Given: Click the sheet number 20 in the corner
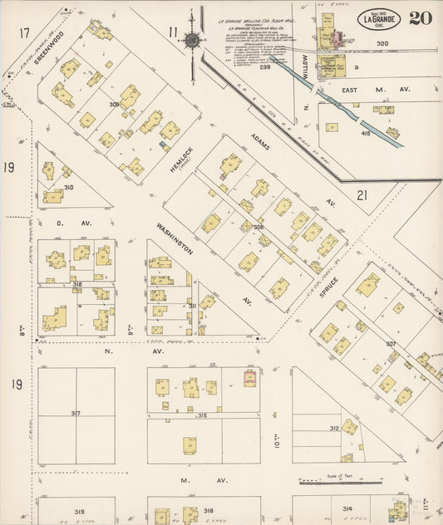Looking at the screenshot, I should (x=420, y=17).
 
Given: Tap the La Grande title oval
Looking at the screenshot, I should (x=380, y=18).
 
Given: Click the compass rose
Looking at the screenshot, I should (x=191, y=39).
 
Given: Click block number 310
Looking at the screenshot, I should (x=68, y=188).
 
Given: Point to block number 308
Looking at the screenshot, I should (x=258, y=226).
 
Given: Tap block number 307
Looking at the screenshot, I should (x=390, y=344).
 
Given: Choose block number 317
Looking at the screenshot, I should (x=76, y=413).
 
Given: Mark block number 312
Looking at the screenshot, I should (x=333, y=429).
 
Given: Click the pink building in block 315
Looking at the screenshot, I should (x=248, y=378).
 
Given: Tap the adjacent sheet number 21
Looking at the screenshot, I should (x=362, y=195).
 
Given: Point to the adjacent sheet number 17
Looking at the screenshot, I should (x=25, y=32).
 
